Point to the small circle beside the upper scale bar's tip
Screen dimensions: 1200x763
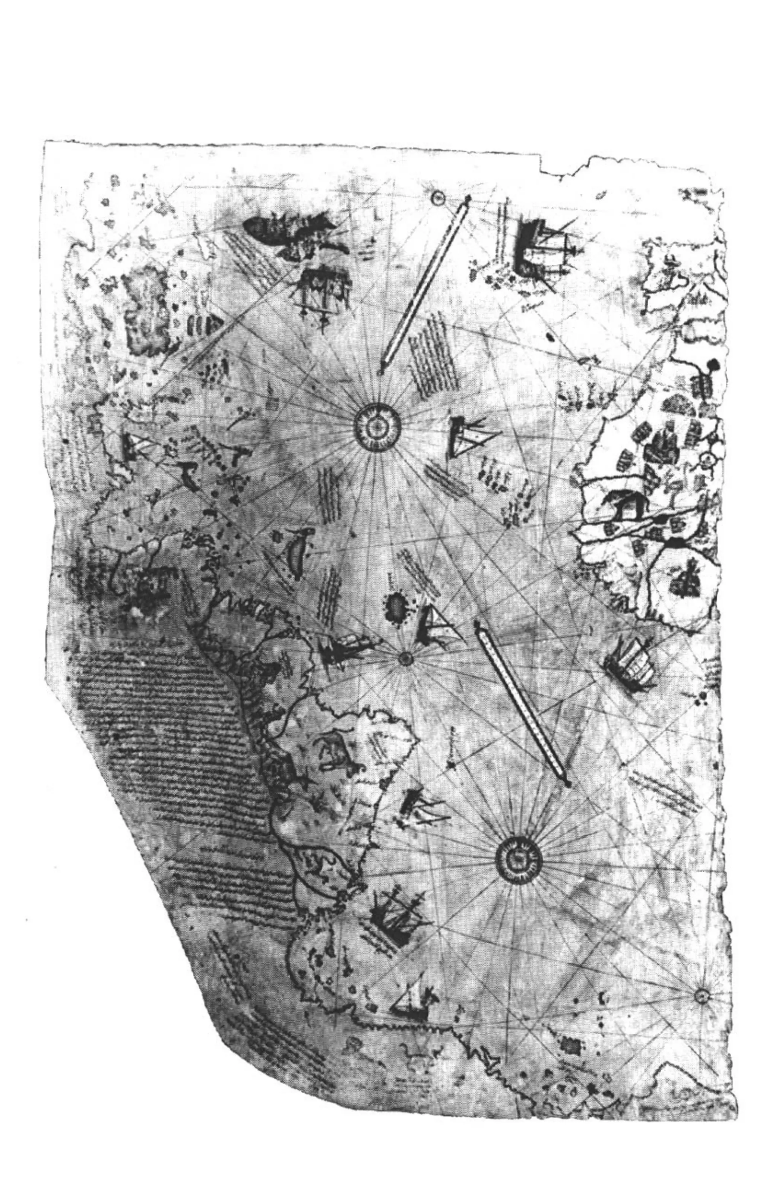coord(438,199)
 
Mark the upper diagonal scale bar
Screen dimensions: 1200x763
coord(424,284)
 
